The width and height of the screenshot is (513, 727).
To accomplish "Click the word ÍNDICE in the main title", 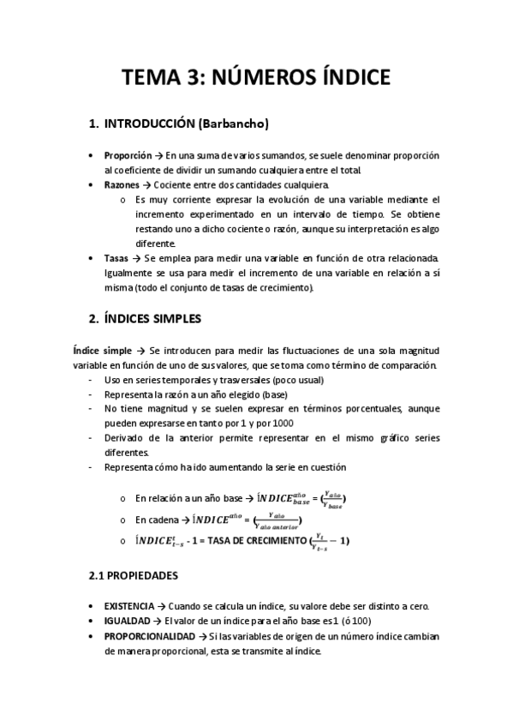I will coord(343,78).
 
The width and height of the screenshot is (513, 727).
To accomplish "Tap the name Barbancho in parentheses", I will coord(233,125).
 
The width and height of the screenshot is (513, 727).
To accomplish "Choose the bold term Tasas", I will coord(116,258).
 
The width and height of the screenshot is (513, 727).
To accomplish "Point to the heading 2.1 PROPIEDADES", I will coord(133,576).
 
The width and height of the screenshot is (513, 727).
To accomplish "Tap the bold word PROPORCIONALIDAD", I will coord(149,636).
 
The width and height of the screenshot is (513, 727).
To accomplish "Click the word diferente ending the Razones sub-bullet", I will coord(155,243).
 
